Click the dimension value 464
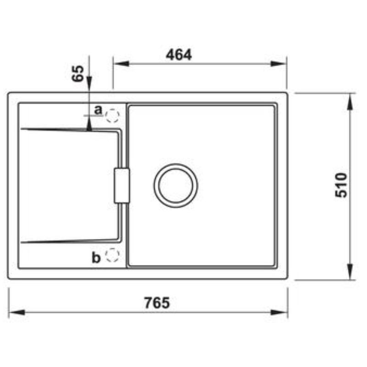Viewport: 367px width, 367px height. [179, 55]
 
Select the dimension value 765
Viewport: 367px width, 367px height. [157, 303]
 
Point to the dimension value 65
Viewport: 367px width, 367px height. [78, 73]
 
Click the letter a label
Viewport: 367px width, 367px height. [97, 110]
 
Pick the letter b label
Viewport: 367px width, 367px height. [96, 258]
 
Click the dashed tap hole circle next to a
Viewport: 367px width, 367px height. [112, 116]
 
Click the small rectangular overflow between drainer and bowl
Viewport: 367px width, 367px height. [122, 185]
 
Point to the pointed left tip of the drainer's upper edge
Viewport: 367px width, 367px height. [21, 129]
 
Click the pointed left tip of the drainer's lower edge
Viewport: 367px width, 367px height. [21, 243]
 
